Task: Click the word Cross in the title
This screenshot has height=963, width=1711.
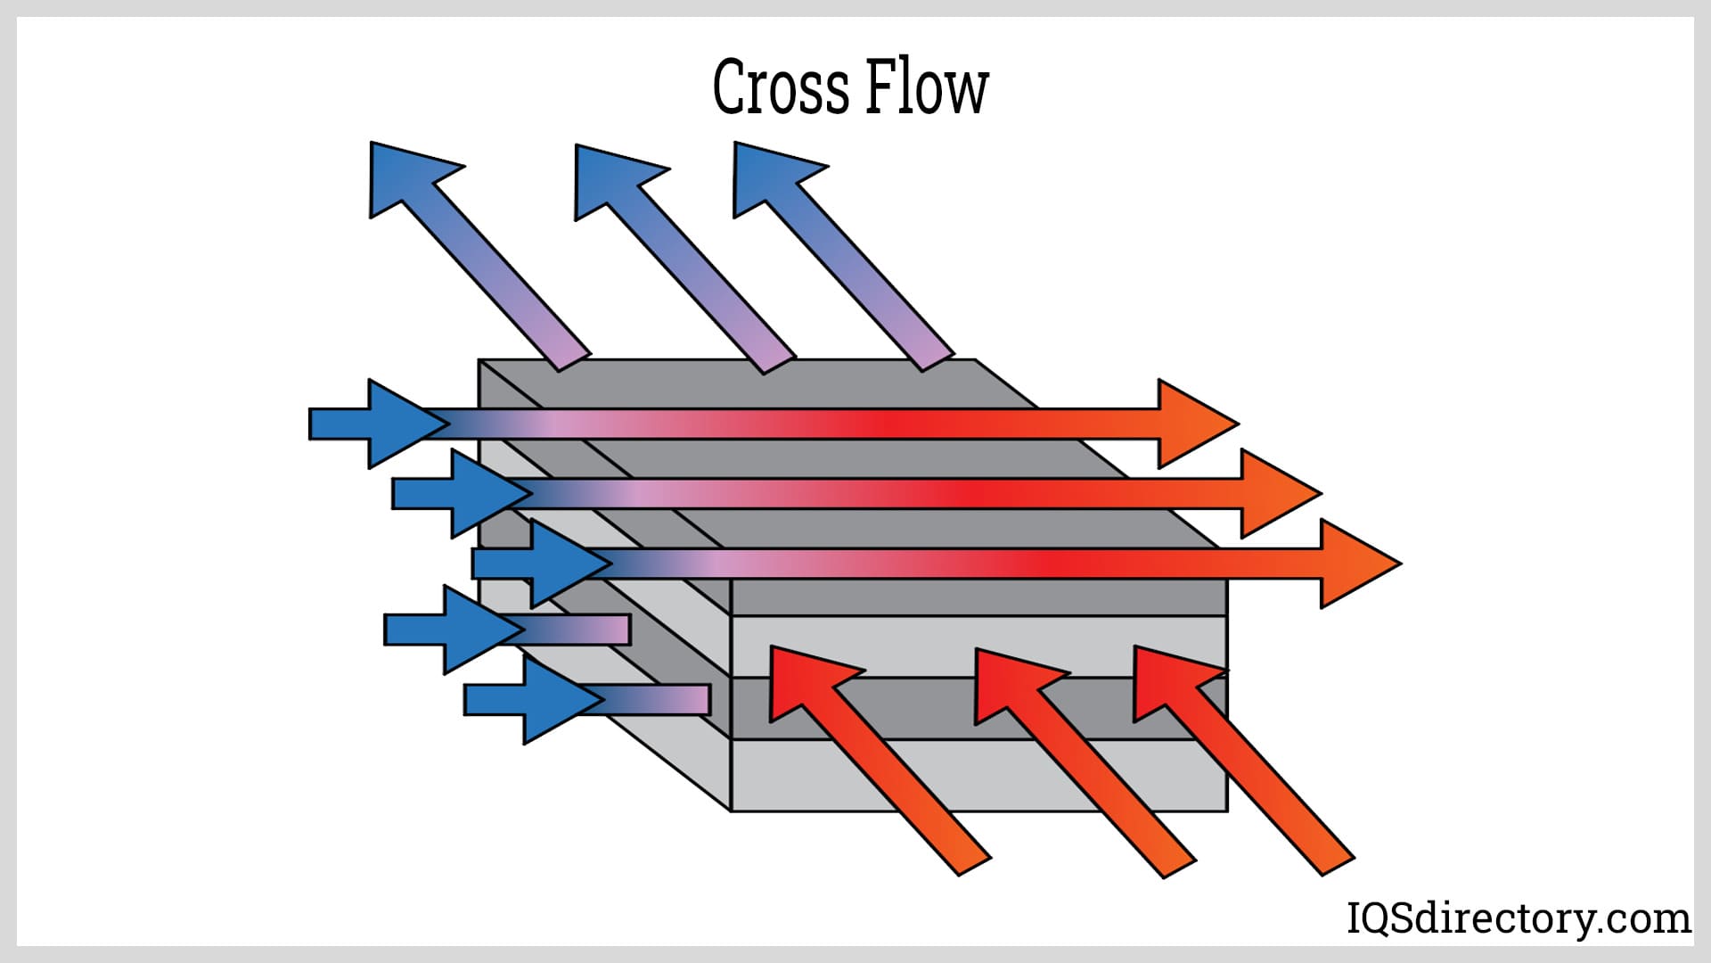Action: pos(781,87)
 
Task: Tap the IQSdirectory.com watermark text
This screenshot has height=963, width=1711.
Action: pos(1517,918)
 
